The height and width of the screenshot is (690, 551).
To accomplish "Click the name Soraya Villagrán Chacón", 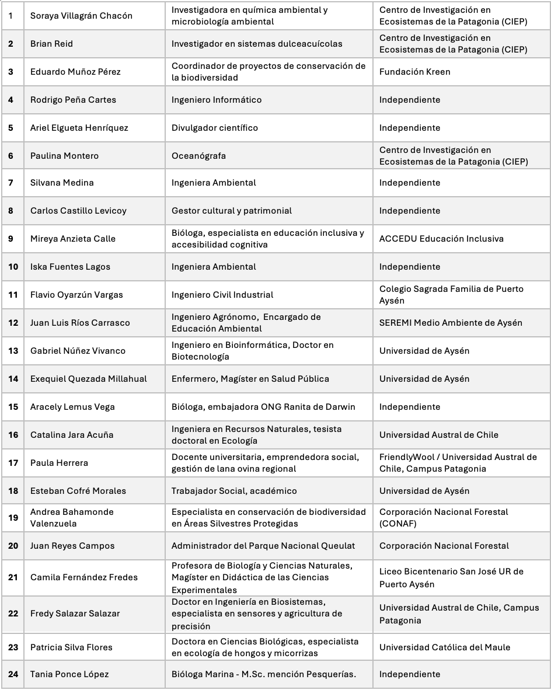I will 81,16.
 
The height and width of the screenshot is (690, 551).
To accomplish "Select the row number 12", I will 13,323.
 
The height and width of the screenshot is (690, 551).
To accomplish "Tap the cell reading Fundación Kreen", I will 414,72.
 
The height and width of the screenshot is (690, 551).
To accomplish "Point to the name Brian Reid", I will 51,44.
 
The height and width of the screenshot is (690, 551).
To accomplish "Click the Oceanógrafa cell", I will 198,156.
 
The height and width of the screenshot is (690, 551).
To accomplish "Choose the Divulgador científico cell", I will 214,128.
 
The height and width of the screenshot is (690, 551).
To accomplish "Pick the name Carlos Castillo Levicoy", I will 78,211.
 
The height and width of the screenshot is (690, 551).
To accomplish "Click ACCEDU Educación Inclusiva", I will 441,239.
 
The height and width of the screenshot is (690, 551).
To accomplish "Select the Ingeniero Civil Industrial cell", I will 222,295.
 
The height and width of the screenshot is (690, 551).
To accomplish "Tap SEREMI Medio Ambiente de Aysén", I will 451,323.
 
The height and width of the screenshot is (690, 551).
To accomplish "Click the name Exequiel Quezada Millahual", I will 88,379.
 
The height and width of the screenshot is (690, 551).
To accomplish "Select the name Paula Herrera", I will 59,463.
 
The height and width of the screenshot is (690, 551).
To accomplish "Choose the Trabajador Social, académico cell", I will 234,491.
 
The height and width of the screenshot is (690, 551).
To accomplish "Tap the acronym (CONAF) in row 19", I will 397,524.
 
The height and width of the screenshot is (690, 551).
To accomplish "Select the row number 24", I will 13,674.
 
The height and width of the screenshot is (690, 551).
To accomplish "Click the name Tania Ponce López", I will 69,674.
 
